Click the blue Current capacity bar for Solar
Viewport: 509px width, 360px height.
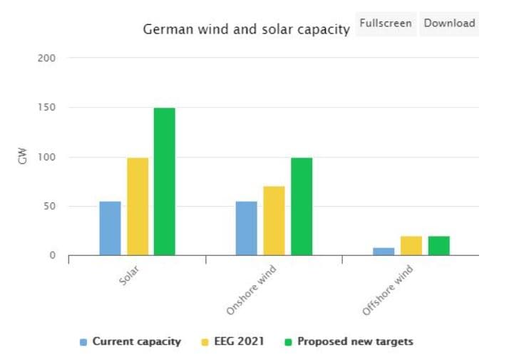[x=110, y=228]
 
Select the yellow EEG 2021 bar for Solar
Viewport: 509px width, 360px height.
[x=138, y=206]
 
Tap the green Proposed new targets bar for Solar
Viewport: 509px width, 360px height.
[x=165, y=181]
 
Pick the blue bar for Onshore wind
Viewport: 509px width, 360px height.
[x=247, y=228]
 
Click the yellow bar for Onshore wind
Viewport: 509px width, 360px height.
[x=274, y=220]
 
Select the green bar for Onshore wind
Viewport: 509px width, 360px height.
[x=302, y=206]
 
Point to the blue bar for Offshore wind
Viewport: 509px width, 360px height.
[x=384, y=252]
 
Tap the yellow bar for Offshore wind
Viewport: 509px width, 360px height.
[x=411, y=246]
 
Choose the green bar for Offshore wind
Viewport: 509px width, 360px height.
[x=438, y=246]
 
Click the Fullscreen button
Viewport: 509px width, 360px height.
[x=385, y=24]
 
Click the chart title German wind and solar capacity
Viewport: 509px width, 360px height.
[x=247, y=29]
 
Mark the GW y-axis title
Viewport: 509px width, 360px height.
[x=22, y=156]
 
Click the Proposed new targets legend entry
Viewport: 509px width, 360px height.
[x=355, y=341]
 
